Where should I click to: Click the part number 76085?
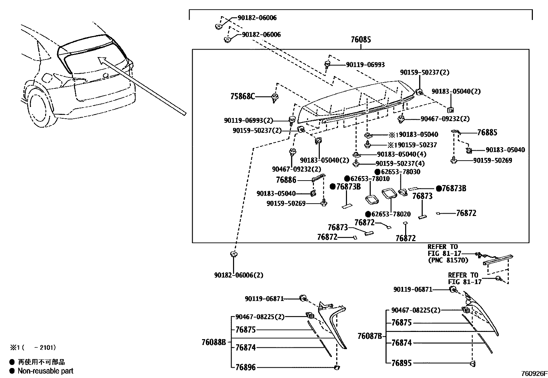point(361,40)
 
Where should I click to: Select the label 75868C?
point(242,97)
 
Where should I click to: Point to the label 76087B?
point(370,336)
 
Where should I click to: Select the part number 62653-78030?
point(400,172)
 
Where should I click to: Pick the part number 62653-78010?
point(370,179)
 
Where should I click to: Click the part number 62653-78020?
point(391,214)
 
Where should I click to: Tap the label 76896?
point(245,367)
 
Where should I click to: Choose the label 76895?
point(401,363)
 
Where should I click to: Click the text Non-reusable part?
point(45,371)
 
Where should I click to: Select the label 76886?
point(286,180)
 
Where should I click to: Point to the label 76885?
point(487,133)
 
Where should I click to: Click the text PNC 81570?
point(448,260)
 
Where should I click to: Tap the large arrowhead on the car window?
point(101,61)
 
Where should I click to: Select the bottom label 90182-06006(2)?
point(239,275)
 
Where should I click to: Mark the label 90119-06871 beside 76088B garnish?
point(264,299)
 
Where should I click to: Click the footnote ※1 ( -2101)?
point(33,348)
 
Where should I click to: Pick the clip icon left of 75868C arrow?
point(275,98)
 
